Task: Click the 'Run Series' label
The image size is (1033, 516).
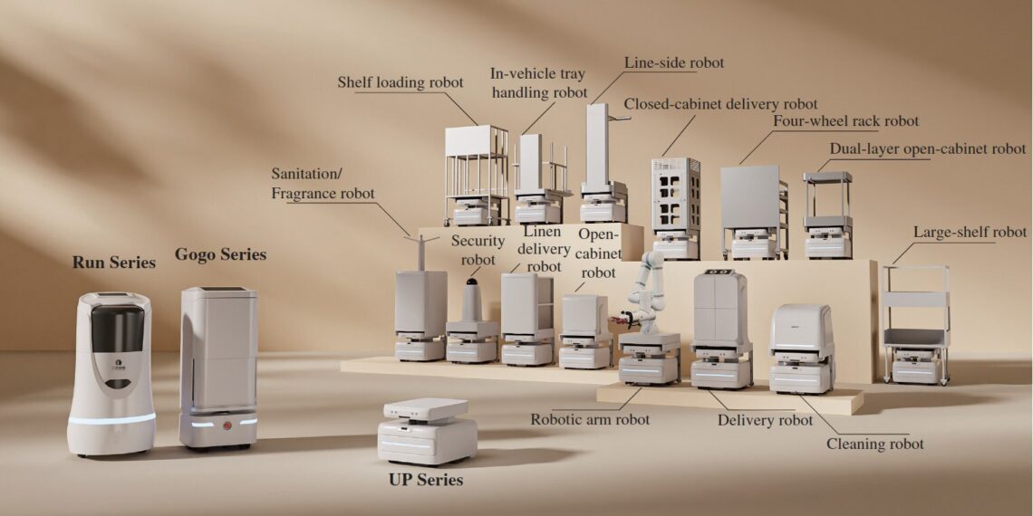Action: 114,263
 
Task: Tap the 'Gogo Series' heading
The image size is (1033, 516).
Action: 220,254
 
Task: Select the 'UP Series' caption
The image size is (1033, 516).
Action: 426,480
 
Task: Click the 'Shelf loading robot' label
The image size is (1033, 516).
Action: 401,82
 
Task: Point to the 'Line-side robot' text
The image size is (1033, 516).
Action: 674,63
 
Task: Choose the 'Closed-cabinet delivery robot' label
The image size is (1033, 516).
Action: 720,104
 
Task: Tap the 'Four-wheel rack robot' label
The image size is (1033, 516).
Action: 845,121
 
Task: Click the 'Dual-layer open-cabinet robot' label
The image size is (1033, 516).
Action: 928,148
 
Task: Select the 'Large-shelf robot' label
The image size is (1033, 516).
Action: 970,233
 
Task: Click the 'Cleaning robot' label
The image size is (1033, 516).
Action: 875,444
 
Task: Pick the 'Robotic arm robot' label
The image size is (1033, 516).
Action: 590,419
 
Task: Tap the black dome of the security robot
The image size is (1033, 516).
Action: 471,294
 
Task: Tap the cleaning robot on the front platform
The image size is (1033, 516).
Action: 801,348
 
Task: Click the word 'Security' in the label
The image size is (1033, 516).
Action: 478,241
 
